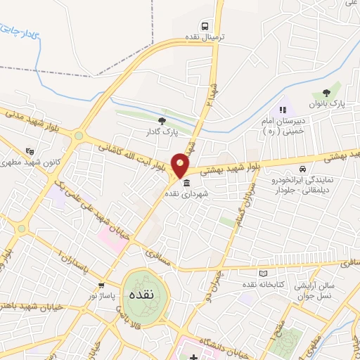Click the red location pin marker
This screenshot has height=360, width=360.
click(x=181, y=165)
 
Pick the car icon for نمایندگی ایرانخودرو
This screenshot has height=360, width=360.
click(x=302, y=169)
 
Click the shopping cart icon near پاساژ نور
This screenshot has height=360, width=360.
click(x=103, y=285)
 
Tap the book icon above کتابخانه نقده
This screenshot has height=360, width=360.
click(x=264, y=274)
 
